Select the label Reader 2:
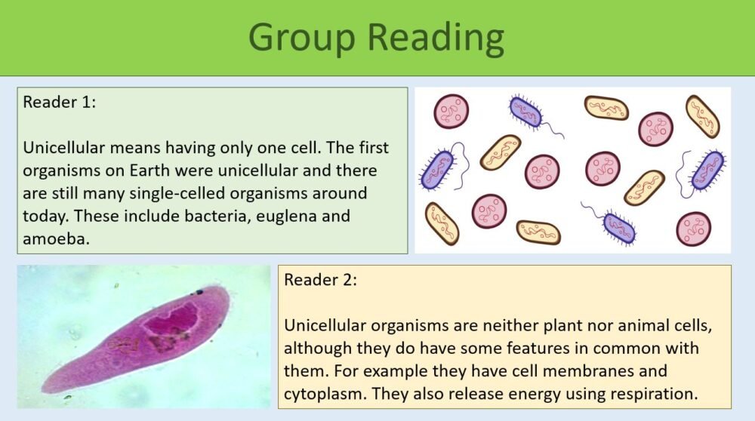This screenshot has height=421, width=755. (x=320, y=280)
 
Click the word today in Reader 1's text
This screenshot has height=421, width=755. (x=44, y=217)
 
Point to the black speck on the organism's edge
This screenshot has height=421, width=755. (x=199, y=291)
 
